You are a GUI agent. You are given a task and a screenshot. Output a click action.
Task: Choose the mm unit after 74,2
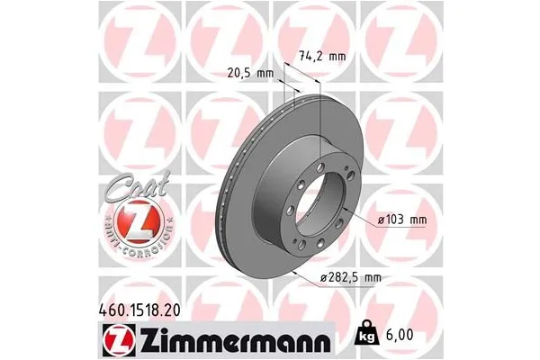(x=336, y=57)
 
